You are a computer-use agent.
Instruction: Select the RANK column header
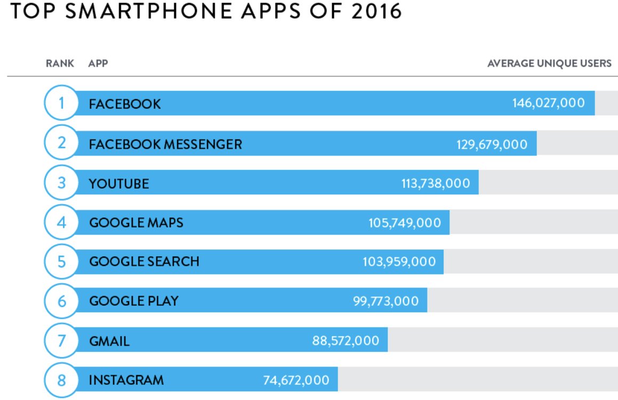(60, 64)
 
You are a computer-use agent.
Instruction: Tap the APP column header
(98, 64)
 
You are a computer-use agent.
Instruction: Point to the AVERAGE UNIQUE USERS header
(549, 64)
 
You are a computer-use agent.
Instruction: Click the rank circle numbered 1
(61, 103)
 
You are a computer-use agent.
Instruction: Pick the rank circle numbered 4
(61, 222)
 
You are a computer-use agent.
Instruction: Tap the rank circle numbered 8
(61, 380)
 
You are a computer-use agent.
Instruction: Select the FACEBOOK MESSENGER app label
(165, 144)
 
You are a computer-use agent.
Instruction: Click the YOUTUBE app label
(119, 184)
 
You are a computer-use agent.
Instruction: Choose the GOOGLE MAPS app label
(136, 222)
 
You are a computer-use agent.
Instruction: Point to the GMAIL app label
(109, 341)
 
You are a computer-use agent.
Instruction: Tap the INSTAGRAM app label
(126, 380)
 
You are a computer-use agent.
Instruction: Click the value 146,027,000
(549, 103)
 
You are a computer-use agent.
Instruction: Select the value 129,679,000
(492, 144)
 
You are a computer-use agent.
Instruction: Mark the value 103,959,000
(399, 262)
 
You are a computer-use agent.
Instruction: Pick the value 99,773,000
(386, 301)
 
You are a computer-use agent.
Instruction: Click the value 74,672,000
(296, 380)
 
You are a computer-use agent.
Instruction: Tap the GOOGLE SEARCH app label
(144, 262)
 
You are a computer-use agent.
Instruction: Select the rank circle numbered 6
(61, 301)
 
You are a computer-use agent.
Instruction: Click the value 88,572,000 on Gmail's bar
(346, 341)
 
